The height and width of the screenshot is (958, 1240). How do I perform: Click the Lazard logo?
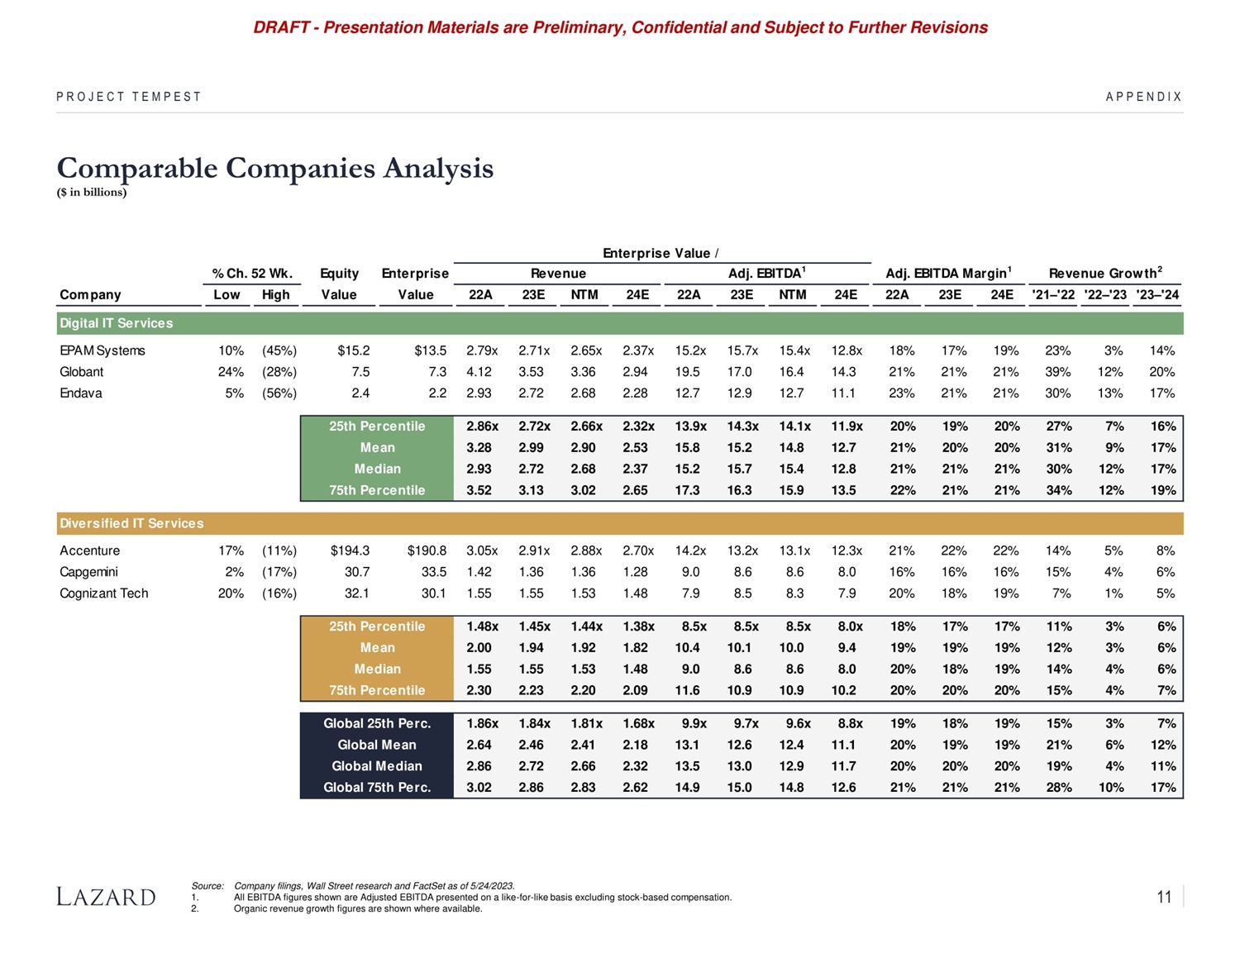click(x=106, y=897)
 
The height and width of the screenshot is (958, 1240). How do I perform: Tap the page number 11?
click(x=1164, y=897)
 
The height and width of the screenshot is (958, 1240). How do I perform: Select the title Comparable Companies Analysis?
click(x=274, y=168)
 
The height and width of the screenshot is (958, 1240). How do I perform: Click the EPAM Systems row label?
click(x=102, y=350)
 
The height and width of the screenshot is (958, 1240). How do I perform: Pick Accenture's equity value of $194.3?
click(x=350, y=550)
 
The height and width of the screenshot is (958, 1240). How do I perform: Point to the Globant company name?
click(x=82, y=372)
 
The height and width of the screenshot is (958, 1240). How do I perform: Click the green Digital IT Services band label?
click(x=117, y=323)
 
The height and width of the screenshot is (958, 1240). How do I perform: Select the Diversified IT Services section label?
click(x=131, y=523)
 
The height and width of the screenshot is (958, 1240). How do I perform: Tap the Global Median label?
click(x=377, y=766)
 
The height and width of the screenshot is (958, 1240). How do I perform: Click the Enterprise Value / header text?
click(x=661, y=253)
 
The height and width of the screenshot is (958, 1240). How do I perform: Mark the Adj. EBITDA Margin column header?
click(x=948, y=273)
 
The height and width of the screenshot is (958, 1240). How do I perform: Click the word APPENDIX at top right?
click(x=1144, y=97)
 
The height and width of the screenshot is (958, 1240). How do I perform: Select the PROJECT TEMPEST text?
click(x=129, y=97)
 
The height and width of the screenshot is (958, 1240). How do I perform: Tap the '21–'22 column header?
click(x=1054, y=294)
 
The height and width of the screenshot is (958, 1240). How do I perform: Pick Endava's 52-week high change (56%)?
click(x=279, y=393)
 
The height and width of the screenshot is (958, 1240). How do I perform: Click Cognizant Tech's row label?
click(x=104, y=593)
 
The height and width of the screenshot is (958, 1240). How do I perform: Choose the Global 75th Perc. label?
click(x=377, y=788)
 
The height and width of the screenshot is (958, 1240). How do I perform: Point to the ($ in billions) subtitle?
click(x=92, y=193)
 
